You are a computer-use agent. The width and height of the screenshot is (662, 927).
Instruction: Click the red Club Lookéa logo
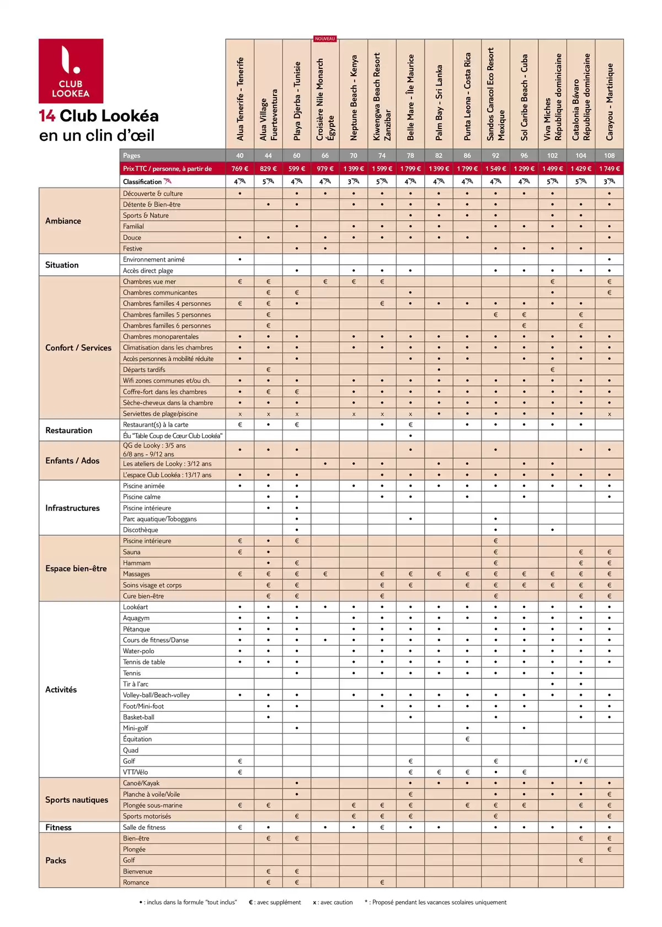click(71, 71)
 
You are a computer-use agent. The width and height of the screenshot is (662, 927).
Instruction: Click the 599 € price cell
click(296, 169)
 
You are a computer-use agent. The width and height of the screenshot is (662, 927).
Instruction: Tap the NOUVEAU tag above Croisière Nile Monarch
click(325, 39)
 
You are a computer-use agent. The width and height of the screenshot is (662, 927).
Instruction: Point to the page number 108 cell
click(609, 156)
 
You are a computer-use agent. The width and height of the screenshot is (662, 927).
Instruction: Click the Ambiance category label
click(63, 221)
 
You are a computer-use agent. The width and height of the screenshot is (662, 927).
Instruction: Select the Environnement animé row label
click(153, 259)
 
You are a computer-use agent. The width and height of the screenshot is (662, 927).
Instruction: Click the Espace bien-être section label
click(76, 568)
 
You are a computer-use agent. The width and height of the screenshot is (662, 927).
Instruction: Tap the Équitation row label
click(137, 739)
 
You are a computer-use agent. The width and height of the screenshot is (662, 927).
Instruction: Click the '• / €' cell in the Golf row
click(581, 761)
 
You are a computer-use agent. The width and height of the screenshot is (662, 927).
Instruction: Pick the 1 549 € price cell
click(495, 169)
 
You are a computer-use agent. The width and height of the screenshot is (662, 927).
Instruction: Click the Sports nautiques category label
click(76, 800)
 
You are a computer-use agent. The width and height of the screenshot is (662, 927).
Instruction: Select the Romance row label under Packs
click(136, 882)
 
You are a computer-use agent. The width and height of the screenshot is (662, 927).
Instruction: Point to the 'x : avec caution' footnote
click(333, 903)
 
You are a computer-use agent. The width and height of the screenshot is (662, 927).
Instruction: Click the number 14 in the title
click(47, 116)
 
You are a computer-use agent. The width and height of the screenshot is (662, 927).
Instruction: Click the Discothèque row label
click(140, 530)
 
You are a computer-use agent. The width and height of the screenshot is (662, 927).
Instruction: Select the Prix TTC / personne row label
click(167, 169)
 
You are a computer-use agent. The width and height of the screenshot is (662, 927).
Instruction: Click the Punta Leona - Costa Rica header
click(467, 97)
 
